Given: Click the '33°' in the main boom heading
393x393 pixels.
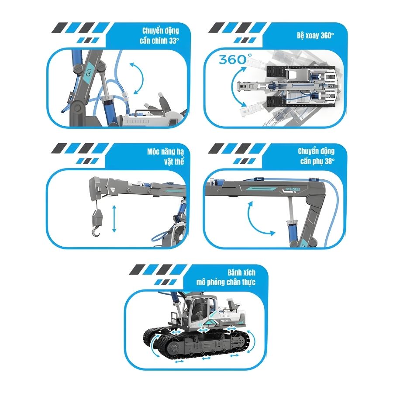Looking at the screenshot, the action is (x=173, y=41).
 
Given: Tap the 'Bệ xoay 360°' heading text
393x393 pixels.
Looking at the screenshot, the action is (x=315, y=36).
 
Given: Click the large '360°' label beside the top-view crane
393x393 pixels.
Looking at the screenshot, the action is (x=235, y=59).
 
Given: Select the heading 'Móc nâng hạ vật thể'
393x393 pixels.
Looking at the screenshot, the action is (x=165, y=156).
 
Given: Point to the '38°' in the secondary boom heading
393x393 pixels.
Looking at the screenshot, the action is (x=329, y=161).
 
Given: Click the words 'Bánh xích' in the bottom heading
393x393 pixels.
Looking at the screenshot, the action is (x=241, y=272).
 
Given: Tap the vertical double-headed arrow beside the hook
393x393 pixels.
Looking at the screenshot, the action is (x=114, y=219).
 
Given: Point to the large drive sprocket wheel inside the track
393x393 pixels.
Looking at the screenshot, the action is (x=174, y=348).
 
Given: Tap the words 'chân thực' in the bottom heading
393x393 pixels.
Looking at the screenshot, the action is (x=241, y=283).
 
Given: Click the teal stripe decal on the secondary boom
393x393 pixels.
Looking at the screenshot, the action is (x=261, y=188).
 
